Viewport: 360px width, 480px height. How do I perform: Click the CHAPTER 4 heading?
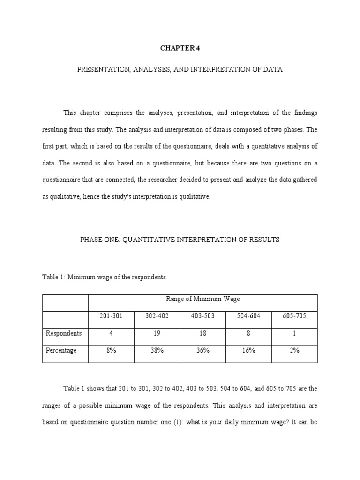click(180, 48)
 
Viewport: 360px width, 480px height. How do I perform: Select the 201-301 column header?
click(111, 316)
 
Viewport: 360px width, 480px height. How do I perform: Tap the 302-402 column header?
click(157, 316)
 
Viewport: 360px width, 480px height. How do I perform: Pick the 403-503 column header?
click(202, 316)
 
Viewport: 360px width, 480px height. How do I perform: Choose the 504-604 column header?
click(248, 316)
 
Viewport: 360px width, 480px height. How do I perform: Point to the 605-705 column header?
click(294, 316)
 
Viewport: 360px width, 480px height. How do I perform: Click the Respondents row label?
click(64, 333)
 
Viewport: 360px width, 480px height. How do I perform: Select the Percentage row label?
click(61, 351)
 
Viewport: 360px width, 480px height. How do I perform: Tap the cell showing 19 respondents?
click(157, 333)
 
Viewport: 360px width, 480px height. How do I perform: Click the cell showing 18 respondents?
click(202, 333)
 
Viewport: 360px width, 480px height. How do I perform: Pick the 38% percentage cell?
click(157, 351)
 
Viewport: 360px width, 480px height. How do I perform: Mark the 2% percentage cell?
click(294, 351)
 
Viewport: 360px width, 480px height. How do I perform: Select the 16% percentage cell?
click(248, 351)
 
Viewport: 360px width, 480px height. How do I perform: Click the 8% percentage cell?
click(111, 351)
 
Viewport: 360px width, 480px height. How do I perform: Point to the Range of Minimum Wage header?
click(203, 299)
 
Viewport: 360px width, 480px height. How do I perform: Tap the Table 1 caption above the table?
click(105, 277)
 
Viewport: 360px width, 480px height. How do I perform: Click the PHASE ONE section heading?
click(180, 240)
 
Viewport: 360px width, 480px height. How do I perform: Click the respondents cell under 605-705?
click(294, 333)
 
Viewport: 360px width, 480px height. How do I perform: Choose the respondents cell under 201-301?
click(111, 333)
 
